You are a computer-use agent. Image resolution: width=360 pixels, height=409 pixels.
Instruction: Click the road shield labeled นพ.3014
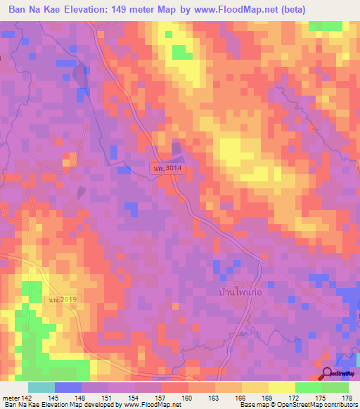pyautogui.click(x=167, y=169)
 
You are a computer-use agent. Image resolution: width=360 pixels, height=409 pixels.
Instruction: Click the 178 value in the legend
pyautogui.click(x=347, y=398)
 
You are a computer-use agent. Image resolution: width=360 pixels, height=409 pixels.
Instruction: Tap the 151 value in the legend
pyautogui.click(x=105, y=398)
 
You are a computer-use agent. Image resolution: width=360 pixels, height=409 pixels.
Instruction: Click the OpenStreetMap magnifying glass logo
pyautogui.click(x=328, y=374)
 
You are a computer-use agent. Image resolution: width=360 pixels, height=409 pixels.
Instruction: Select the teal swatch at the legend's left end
pyautogui.click(x=41, y=387)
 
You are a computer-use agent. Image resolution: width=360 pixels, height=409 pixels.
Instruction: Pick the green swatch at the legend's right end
pyautogui.click(x=335, y=387)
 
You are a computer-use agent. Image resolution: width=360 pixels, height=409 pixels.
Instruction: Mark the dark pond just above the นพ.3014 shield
pyautogui.click(x=176, y=150)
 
